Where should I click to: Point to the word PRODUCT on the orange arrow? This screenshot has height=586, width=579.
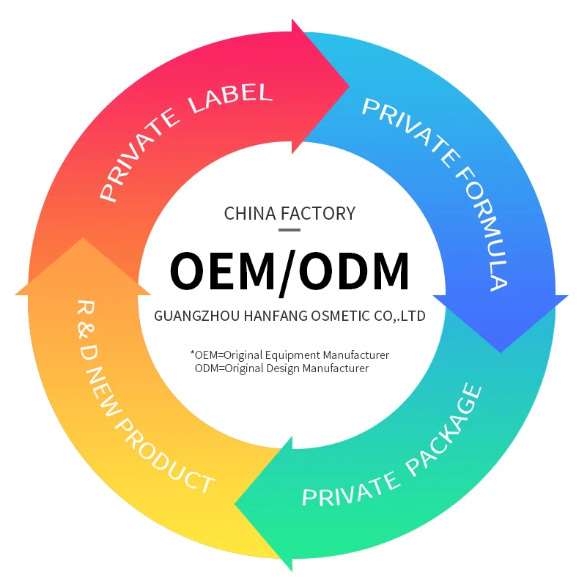(x=166, y=456)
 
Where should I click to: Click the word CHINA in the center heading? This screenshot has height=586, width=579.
(x=251, y=213)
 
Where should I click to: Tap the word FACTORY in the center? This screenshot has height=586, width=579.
(x=318, y=213)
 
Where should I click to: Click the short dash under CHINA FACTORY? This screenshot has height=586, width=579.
(x=289, y=230)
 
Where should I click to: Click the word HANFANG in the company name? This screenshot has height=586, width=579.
(x=269, y=316)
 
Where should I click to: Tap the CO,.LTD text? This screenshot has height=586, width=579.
(x=399, y=316)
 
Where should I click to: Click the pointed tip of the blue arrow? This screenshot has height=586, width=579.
(x=501, y=350)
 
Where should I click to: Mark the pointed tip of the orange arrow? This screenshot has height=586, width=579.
(x=82, y=240)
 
